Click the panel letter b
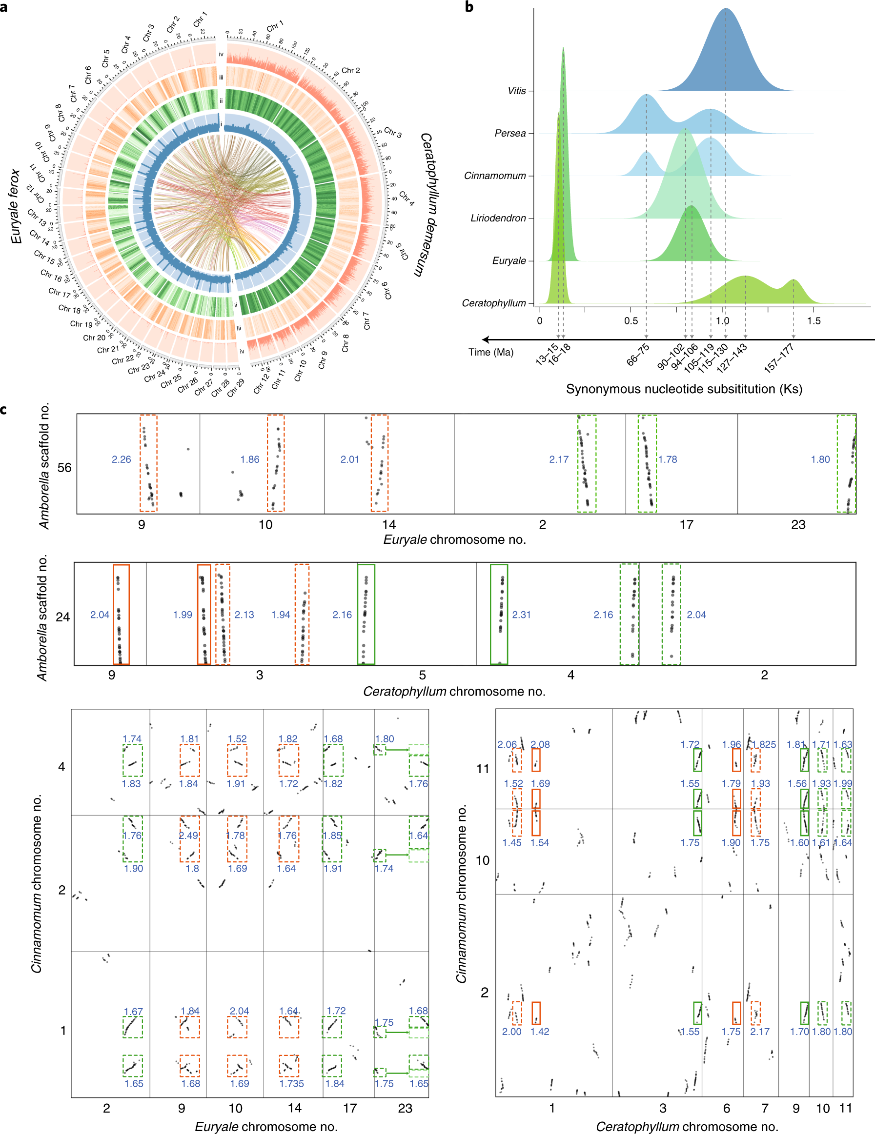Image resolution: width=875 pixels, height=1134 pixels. tap(469, 7)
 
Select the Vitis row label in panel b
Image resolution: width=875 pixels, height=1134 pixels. tap(516, 91)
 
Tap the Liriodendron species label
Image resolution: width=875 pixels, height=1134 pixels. tap(498, 218)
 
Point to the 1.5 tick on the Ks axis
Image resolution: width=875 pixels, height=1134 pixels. tap(814, 321)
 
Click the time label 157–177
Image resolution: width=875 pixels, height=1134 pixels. tap(779, 358)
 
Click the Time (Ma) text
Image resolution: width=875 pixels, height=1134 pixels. tap(490, 353)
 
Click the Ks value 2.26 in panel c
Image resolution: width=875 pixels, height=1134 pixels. tap(121, 459)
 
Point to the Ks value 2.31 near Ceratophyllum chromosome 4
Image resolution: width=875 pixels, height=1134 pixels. tap(521, 615)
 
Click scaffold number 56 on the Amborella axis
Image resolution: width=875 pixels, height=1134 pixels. tap(64, 468)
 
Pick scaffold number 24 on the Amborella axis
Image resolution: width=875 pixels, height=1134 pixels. tap(63, 617)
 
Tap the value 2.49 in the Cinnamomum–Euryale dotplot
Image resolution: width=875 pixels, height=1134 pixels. tap(188, 836)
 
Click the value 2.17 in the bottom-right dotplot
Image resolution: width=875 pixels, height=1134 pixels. tap(759, 1032)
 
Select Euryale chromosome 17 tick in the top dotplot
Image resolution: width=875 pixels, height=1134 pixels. tap(687, 525)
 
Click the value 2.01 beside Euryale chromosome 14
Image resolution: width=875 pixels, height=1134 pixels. tap(350, 459)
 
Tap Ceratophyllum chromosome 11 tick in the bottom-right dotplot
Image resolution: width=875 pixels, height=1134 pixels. tap(845, 1109)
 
